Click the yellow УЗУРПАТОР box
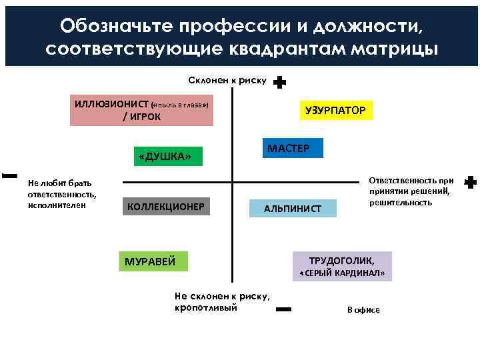coord(335,110)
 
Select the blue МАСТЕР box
coord(288,147)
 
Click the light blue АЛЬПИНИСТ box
coord(293,209)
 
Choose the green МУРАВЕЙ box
coord(153,261)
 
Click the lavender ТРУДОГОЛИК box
coord(341,261)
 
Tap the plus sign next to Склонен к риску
coord(280,83)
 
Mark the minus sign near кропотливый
coord(283,309)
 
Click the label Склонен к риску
coord(227,81)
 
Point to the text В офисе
coord(363,310)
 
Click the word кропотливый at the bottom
coord(205,307)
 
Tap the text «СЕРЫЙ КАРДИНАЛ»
coord(341,274)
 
